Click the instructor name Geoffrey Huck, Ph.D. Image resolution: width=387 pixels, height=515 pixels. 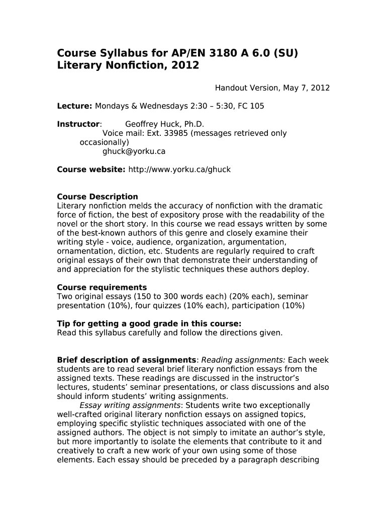(x=164, y=124)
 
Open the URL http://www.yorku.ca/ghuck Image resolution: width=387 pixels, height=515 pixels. (x=179, y=169)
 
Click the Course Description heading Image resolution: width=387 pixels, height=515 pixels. (x=98, y=197)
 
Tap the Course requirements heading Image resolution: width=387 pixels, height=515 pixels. (x=102, y=288)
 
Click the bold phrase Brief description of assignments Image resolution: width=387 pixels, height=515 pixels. (x=127, y=360)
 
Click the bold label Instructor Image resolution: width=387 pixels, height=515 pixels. (x=78, y=124)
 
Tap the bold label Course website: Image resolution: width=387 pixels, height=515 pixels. (x=91, y=169)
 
